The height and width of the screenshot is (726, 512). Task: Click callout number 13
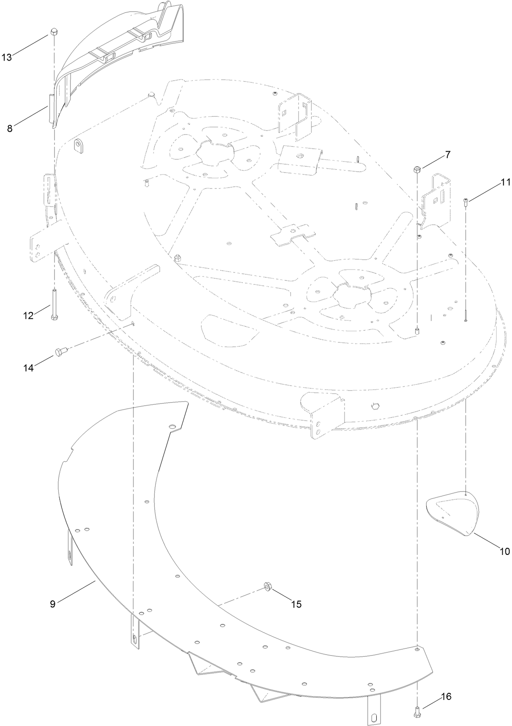[x=7, y=57]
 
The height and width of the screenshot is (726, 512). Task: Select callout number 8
[x=10, y=128]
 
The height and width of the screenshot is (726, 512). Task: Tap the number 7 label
[x=447, y=155]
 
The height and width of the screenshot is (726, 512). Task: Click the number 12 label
[x=28, y=316]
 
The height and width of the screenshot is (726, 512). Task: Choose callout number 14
[x=28, y=368]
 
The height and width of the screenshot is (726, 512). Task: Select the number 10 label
[x=504, y=551]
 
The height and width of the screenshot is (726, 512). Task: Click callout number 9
[x=53, y=604]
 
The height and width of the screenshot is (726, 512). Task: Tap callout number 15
[x=296, y=604]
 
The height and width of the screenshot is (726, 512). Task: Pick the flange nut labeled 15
[x=267, y=586]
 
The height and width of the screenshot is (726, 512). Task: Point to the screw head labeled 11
[x=466, y=201]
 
